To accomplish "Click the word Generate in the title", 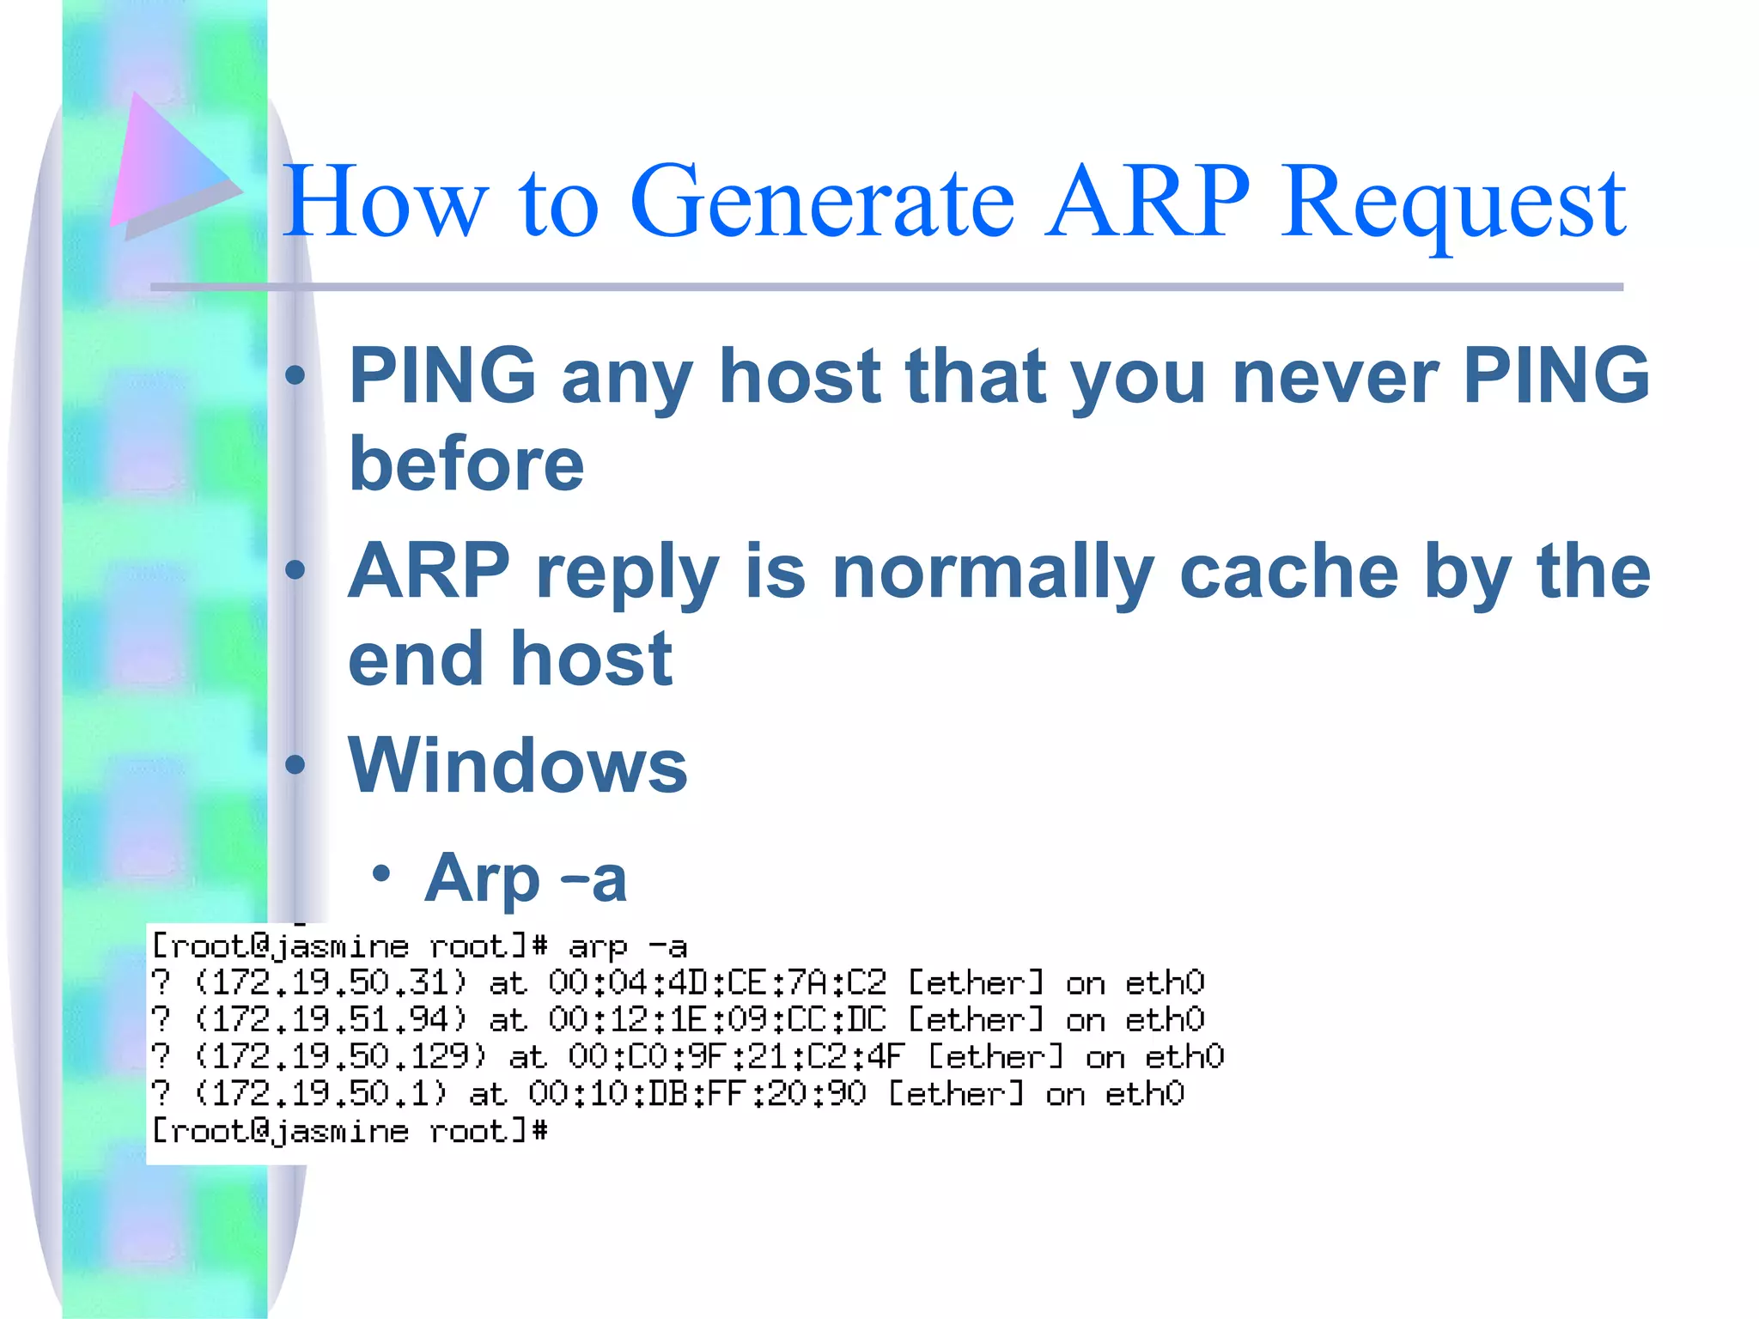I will (x=822, y=203).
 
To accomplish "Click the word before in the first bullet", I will (x=466, y=464).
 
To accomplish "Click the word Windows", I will (x=517, y=765).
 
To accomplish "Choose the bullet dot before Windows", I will (x=295, y=764).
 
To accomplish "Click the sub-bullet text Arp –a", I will (x=525, y=878).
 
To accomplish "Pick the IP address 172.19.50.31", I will (x=330, y=982).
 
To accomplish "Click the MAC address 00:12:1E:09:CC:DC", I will (x=716, y=1020).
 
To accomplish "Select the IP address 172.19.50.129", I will (x=340, y=1057).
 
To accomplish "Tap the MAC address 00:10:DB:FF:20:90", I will (x=697, y=1094).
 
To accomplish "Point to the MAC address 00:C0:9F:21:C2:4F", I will (x=736, y=1057).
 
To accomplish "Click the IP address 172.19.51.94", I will (x=330, y=1020).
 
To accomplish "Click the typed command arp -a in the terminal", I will (x=627, y=946).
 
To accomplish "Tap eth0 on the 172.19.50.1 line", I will (x=1144, y=1094).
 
